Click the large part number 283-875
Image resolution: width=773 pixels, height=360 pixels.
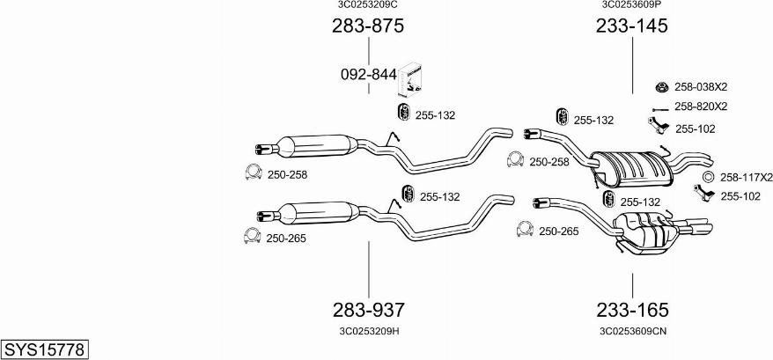click(368, 26)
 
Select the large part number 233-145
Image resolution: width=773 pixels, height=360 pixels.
click(632, 26)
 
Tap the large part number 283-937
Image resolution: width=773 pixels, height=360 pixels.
click(369, 310)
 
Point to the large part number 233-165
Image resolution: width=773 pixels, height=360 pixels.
click(632, 310)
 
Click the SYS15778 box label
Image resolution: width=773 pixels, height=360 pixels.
click(44, 349)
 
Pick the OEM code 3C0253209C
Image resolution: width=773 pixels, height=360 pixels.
click(367, 4)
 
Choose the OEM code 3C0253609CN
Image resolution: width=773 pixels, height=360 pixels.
click(633, 331)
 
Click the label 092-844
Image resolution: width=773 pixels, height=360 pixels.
click(369, 75)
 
